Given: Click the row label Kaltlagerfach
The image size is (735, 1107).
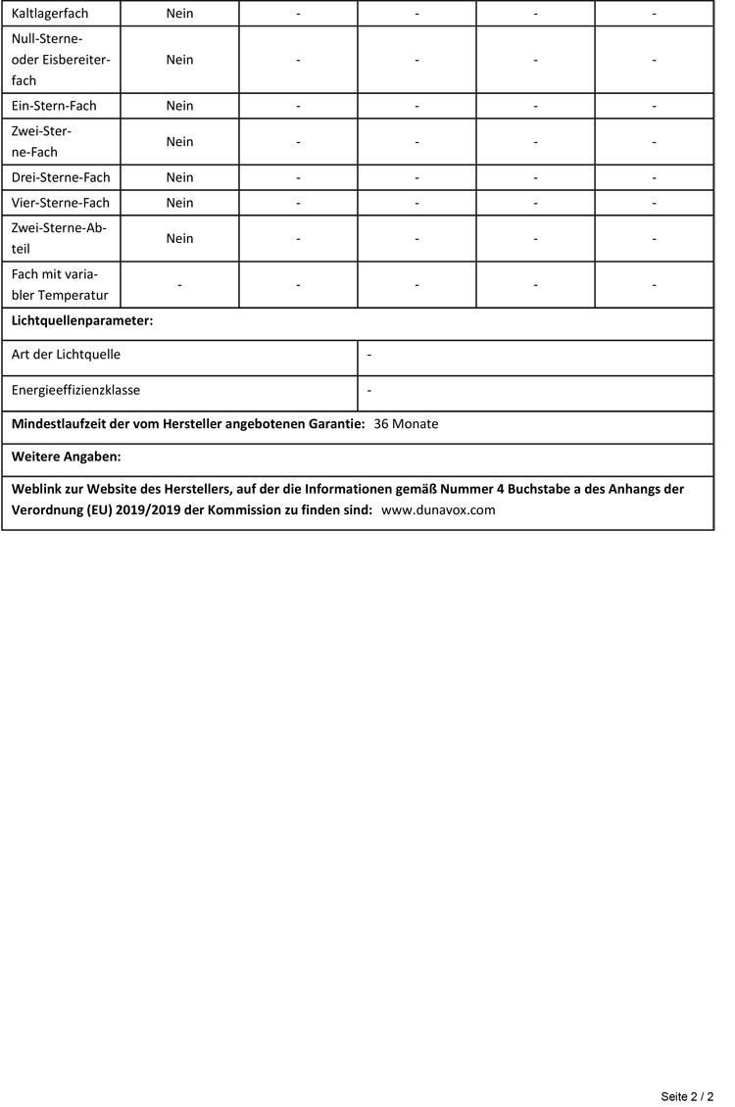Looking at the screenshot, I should (50, 14).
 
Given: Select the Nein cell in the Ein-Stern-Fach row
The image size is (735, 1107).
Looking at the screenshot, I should (179, 106).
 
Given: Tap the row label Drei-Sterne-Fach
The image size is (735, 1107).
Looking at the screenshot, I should (61, 177).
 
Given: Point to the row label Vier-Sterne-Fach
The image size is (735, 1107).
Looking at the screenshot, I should (61, 203).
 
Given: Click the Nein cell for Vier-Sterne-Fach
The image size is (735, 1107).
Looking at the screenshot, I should (179, 203).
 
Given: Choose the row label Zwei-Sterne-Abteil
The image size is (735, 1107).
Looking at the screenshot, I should (59, 238).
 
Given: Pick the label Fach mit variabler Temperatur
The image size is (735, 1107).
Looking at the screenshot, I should (59, 284).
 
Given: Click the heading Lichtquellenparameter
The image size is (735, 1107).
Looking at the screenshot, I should (82, 320).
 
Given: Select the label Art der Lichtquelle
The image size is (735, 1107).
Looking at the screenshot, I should (66, 355).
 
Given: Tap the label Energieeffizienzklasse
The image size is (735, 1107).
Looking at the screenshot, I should (75, 390).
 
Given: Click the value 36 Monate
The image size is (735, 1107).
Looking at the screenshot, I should (406, 424).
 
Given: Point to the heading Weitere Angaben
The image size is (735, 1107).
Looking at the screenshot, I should (66, 457).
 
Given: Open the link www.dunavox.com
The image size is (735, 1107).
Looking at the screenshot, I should (438, 510).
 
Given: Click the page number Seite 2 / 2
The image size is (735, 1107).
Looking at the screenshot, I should (687, 1096).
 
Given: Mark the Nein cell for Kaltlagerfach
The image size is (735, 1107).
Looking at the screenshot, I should (179, 14).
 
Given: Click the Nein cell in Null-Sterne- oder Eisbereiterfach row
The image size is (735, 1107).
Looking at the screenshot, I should (179, 60).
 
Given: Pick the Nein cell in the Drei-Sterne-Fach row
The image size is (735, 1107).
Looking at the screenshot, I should (179, 177).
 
